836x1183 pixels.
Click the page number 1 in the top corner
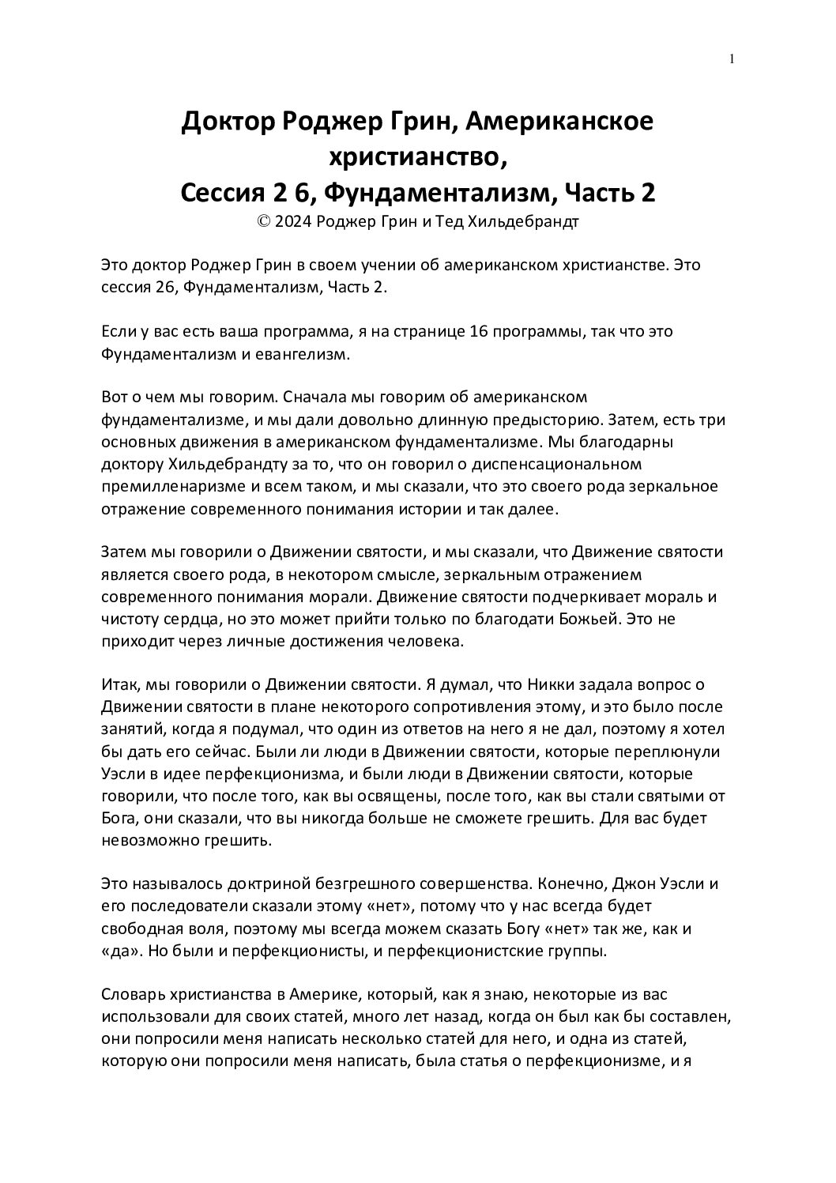tap(732, 58)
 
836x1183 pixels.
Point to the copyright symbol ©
tap(263, 221)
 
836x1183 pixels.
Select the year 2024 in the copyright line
tap(292, 221)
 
